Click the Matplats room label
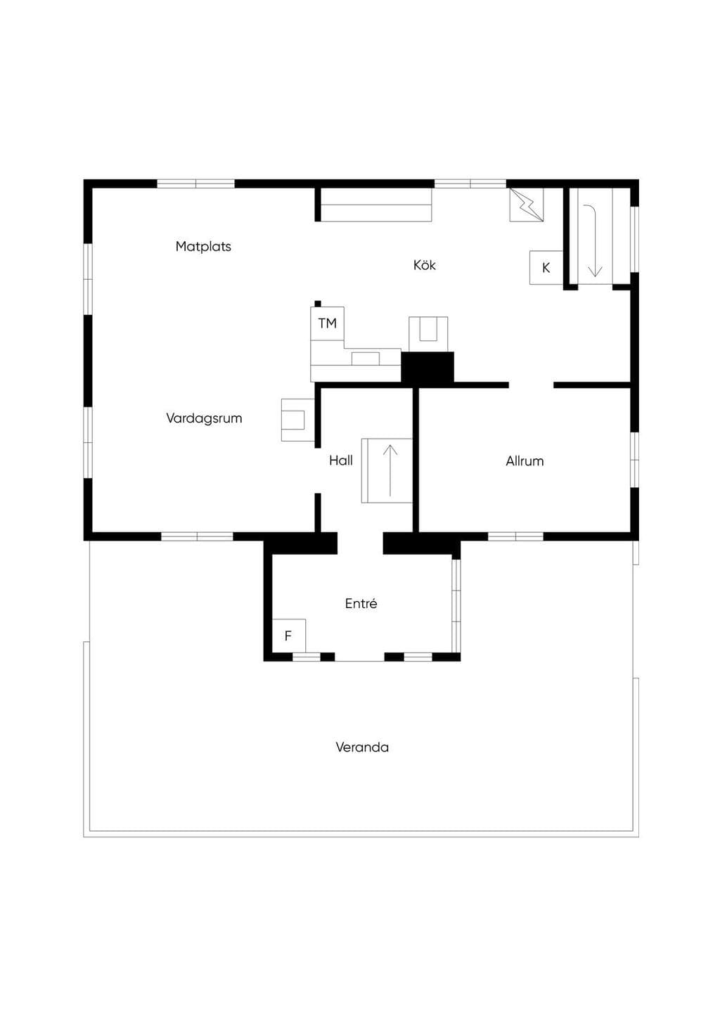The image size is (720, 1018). [x=203, y=246]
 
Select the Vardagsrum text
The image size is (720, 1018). [x=204, y=418]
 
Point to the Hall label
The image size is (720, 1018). [x=341, y=460]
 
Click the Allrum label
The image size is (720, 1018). [x=525, y=460]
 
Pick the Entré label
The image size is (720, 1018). [x=361, y=603]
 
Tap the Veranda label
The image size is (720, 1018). [x=362, y=747]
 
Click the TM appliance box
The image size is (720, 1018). [x=327, y=323]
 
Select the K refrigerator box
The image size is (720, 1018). [x=546, y=268]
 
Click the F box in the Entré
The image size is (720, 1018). [x=289, y=636]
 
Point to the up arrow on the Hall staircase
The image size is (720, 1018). [x=390, y=471]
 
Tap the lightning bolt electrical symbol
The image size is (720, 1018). [x=527, y=205]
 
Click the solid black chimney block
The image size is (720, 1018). [x=427, y=367]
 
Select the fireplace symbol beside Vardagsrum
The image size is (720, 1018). [x=297, y=420]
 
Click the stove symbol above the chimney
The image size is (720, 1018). [x=428, y=334]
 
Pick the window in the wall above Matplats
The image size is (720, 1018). [x=196, y=183]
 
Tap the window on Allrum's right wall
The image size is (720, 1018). [x=634, y=460]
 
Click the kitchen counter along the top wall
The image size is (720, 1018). [x=376, y=205]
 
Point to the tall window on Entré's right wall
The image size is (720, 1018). [x=456, y=607]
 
